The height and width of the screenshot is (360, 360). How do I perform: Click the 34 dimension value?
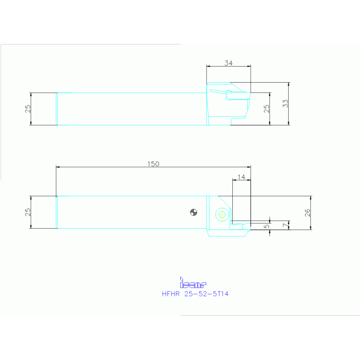(228, 62)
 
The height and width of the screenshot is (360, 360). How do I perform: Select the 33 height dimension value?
(285, 104)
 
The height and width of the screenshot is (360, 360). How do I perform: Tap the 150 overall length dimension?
(153, 164)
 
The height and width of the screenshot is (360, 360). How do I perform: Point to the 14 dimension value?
(241, 176)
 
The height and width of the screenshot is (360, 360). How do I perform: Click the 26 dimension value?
(307, 212)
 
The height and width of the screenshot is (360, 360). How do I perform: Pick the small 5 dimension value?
(267, 226)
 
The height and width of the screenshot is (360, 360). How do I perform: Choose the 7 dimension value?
(285, 226)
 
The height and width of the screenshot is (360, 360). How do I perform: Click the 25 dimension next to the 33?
(267, 108)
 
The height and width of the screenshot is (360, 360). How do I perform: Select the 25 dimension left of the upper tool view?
(28, 108)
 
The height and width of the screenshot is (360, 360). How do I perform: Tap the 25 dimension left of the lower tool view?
(28, 212)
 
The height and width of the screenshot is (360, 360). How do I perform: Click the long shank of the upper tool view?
(131, 108)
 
